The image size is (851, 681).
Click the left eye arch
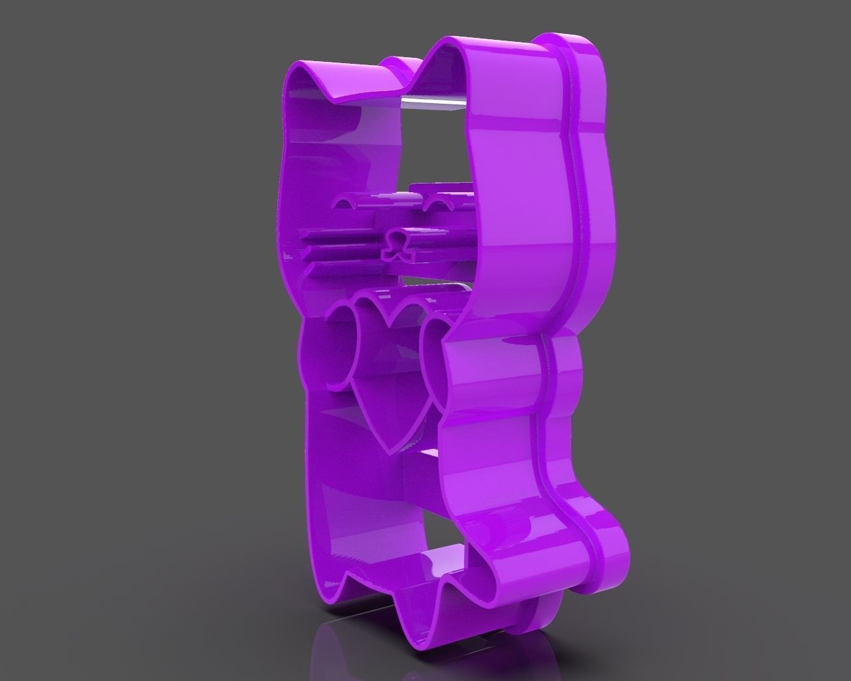[x=352, y=198]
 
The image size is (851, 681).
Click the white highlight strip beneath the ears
[x=432, y=101]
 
